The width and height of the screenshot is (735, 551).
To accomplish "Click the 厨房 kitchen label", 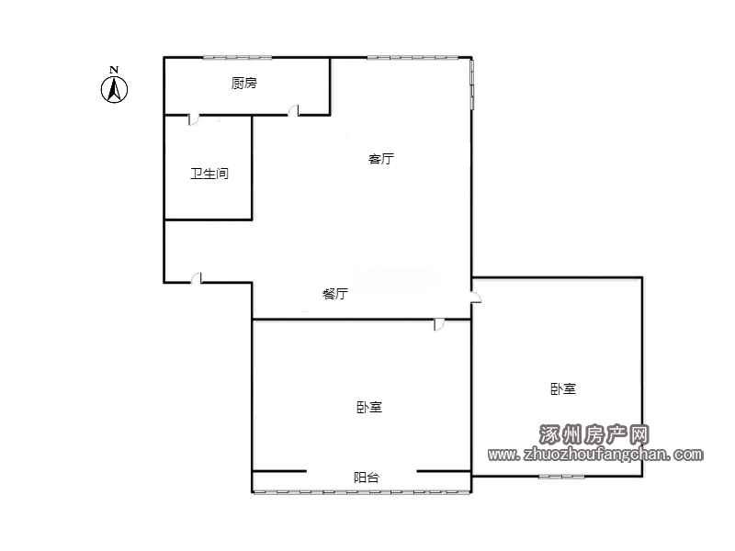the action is click(244, 84).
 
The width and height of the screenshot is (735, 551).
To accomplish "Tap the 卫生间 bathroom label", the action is click(209, 174).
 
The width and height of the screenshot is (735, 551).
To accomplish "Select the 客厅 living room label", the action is click(381, 159).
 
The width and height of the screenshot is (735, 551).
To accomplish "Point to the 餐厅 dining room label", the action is click(335, 294).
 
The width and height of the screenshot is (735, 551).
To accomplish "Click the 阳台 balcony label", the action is click(367, 478).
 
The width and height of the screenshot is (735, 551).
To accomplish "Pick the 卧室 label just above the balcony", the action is click(369, 407).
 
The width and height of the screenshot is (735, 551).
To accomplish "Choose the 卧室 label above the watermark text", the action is click(563, 388).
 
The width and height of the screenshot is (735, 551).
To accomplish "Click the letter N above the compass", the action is click(114, 70).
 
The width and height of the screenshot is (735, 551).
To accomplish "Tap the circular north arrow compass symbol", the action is click(114, 89).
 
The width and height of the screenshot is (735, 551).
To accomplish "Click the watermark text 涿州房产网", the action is click(594, 434).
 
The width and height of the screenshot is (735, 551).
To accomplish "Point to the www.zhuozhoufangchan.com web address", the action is click(595, 454).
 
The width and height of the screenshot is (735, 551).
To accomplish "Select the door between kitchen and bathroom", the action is click(194, 119).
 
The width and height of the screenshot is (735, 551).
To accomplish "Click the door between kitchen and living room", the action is click(293, 110).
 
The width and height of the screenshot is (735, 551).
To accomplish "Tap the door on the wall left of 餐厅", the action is click(197, 278).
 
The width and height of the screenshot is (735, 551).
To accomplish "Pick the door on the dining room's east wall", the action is click(476, 297).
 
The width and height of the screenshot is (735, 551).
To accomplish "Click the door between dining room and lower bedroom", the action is click(439, 325).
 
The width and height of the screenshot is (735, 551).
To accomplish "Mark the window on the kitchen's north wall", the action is click(237, 58).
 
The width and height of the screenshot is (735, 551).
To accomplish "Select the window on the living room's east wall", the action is click(472, 84).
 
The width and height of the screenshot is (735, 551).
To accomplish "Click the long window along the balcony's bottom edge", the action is click(361, 492).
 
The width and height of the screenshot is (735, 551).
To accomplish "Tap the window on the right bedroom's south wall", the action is click(561, 477).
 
